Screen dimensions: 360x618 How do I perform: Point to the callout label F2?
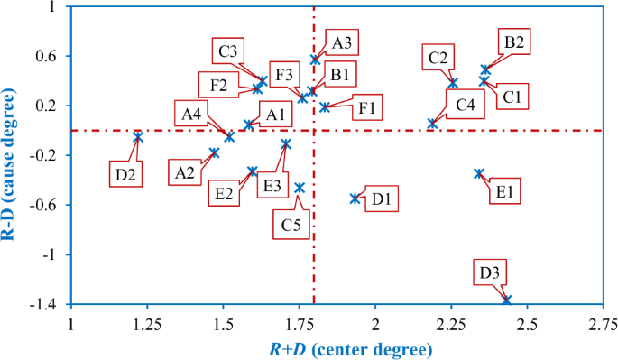point(218,87)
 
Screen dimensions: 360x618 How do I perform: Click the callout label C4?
point(466,104)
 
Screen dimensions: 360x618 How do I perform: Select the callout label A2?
point(186,172)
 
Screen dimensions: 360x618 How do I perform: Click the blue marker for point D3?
point(506,300)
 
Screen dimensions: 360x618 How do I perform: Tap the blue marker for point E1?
point(479,173)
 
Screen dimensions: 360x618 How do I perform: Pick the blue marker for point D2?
point(138,136)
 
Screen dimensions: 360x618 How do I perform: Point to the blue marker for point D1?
point(355,198)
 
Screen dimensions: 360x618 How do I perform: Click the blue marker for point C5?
point(300,188)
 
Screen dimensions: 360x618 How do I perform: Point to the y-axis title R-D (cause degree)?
point(11,155)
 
